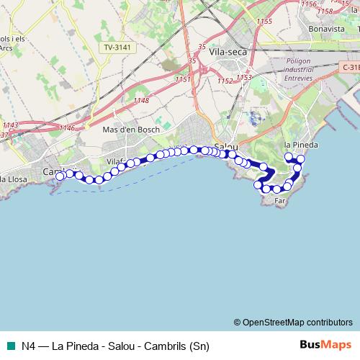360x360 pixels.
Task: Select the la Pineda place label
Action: click(301, 144)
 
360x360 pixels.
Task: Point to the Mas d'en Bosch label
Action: click(131, 130)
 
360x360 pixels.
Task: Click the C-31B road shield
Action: click(350, 67)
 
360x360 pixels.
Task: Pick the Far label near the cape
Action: click(280, 202)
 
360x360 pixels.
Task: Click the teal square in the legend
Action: click(12, 345)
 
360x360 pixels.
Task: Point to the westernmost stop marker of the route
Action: click(60, 175)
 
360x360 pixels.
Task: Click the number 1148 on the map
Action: click(141, 100)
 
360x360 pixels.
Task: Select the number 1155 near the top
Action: click(264, 22)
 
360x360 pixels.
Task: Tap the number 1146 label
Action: click(67, 127)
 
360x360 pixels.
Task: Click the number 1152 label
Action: click(225, 81)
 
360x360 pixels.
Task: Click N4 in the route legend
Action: click(29, 345)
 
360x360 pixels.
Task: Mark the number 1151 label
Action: click(182, 79)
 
